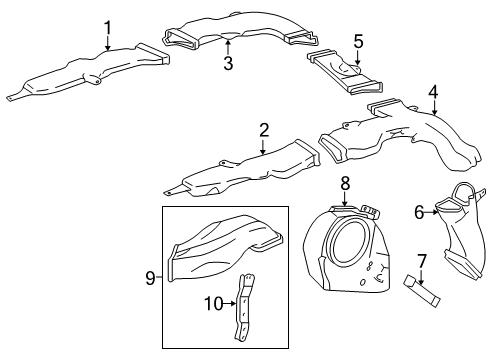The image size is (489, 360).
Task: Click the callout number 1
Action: click(108, 27)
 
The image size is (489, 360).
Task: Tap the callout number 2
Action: click(263, 130)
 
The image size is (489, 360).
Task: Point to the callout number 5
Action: click(357, 42)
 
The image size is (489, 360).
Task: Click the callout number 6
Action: click(420, 211)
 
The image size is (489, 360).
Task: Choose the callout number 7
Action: click(422, 261)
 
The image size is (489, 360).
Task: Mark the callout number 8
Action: click(344, 183)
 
